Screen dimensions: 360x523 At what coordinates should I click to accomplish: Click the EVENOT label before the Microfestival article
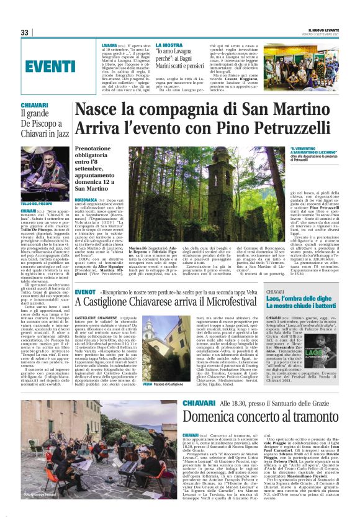click(x=85, y=291)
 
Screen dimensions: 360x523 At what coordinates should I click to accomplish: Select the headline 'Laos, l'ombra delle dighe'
click(x=301, y=299)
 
